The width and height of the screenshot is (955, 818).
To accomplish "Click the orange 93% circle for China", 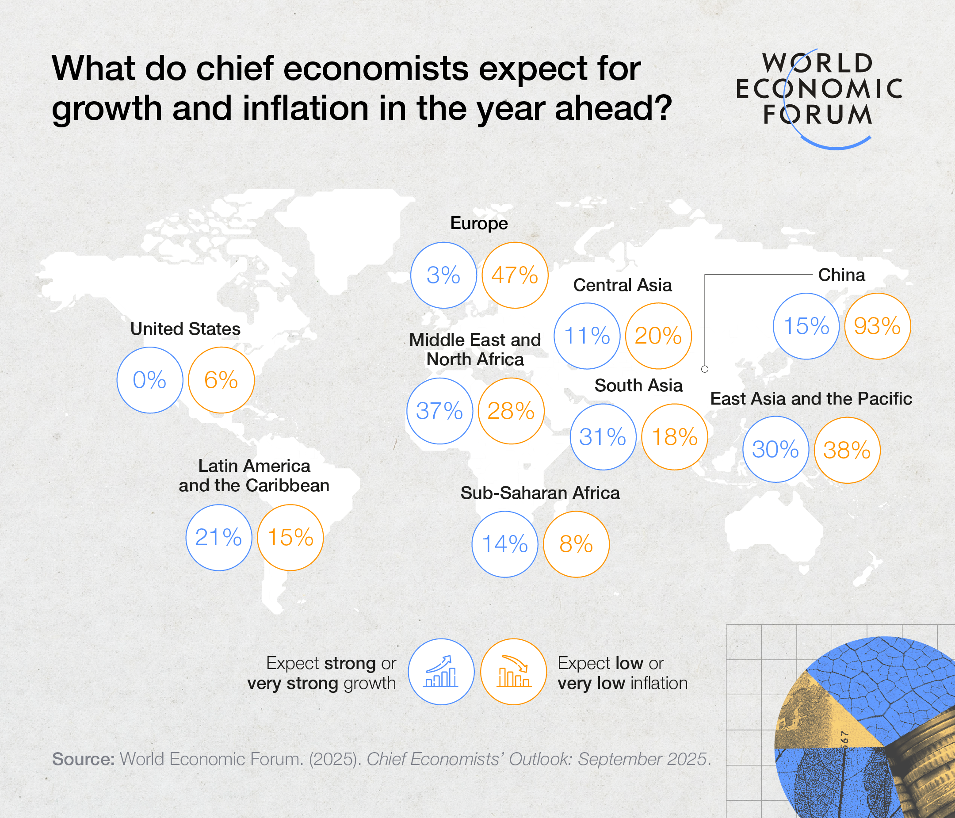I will click(x=877, y=326).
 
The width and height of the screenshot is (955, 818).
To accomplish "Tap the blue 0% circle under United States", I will click(x=150, y=380).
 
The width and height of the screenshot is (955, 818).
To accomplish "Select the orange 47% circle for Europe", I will click(x=515, y=275).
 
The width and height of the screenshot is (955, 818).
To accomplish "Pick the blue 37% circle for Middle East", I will click(x=440, y=411).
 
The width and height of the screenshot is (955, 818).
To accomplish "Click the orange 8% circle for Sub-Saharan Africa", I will click(x=576, y=544).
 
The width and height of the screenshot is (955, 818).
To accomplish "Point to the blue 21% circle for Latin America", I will click(x=219, y=537).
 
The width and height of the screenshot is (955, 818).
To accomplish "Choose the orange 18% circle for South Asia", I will click(x=675, y=437).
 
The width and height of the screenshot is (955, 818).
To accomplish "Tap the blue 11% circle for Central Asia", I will click(x=587, y=336).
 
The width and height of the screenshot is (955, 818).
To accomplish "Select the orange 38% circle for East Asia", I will click(x=847, y=450).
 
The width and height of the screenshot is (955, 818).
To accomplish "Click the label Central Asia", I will click(x=622, y=285).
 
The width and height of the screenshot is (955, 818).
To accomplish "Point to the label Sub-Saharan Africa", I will click(x=540, y=493).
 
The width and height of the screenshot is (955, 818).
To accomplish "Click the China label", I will click(x=841, y=275).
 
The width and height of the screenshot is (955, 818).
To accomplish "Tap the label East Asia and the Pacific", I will click(x=811, y=399).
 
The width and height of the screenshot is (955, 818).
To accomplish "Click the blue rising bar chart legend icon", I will click(x=441, y=672).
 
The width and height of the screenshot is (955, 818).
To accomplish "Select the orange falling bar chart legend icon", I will click(x=513, y=672).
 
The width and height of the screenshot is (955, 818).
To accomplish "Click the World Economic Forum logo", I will click(x=818, y=92).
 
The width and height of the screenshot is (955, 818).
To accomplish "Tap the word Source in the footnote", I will click(x=83, y=759).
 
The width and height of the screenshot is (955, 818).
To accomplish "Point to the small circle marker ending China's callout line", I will click(x=705, y=369).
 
